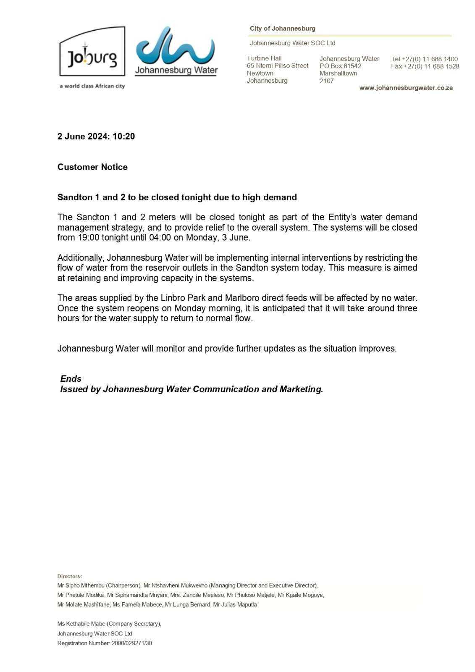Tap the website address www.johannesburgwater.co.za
[x=406, y=88]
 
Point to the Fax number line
[x=425, y=66]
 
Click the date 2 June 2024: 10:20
[x=96, y=136]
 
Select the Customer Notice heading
[x=92, y=167]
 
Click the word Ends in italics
[x=71, y=378]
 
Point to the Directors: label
[x=70, y=576]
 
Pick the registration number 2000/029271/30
[x=132, y=643]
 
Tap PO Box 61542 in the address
[x=340, y=66]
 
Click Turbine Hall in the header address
[x=264, y=58]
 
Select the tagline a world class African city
[x=92, y=86]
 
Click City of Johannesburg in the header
[x=282, y=29]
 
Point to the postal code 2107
[x=326, y=81]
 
